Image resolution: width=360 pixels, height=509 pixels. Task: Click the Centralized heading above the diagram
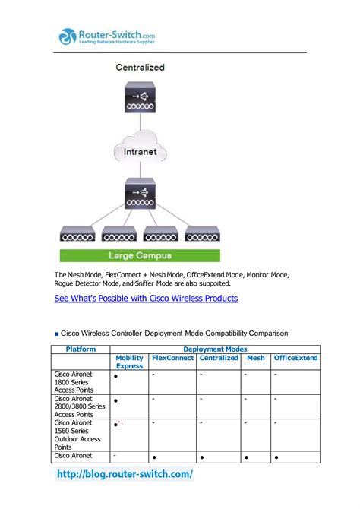click(140, 68)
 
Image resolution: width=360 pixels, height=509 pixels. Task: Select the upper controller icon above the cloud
click(140, 101)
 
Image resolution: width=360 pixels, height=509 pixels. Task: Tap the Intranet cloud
click(141, 151)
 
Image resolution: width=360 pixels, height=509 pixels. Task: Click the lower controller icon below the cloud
click(140, 194)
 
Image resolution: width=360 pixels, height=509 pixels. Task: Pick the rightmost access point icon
click(202, 234)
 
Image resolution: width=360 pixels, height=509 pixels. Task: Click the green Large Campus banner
click(140, 256)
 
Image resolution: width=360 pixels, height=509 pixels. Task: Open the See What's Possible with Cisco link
click(146, 299)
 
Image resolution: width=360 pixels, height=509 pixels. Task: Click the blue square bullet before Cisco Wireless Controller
click(56, 334)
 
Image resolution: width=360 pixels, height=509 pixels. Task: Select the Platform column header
click(81, 349)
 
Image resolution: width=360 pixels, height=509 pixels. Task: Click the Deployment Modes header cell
click(216, 349)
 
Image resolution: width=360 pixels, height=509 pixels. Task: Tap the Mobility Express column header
click(130, 362)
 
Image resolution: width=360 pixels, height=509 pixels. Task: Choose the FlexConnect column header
click(172, 358)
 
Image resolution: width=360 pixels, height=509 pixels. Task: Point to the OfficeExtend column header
click(295, 358)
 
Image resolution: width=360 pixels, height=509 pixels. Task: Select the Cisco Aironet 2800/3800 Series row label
click(80, 406)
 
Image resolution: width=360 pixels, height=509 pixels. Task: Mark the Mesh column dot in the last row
click(248, 458)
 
